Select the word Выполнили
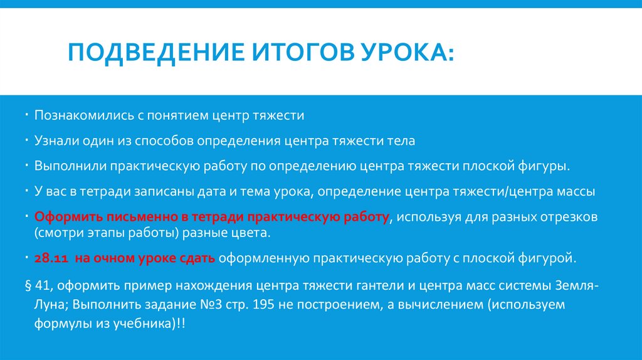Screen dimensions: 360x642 coord(69,167)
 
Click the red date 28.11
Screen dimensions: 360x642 coord(48,258)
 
